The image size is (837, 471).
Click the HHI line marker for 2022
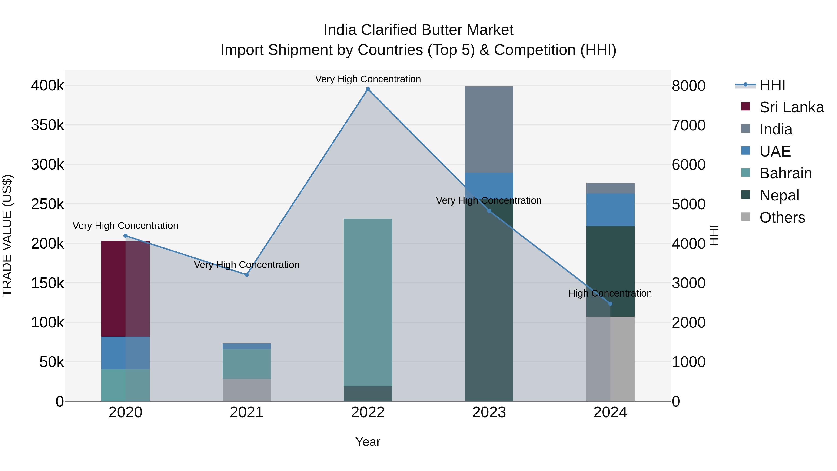368,89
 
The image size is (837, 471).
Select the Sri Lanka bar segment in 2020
125,289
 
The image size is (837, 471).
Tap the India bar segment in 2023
489,129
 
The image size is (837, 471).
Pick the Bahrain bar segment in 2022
368,302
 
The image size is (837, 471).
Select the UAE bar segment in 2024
610,210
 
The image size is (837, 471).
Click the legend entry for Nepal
779,195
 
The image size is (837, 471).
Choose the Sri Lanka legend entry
791,107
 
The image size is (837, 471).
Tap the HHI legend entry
772,85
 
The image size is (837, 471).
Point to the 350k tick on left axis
47,125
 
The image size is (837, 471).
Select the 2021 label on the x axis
247,412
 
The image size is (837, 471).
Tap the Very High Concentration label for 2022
368,79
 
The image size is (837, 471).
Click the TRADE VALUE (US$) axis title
7,235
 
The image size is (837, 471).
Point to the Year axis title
368,442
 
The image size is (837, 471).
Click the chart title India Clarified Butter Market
418,30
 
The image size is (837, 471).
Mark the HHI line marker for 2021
247,275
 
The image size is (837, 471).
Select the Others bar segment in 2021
247,390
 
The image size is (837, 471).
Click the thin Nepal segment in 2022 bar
368,394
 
